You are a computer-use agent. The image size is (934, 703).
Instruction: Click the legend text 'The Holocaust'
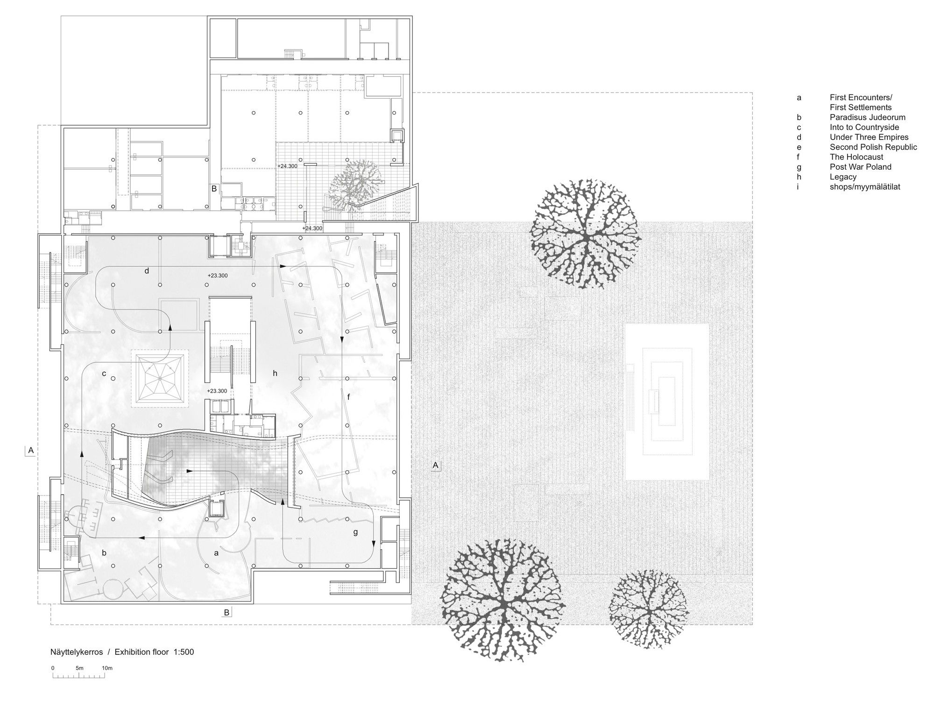click(856, 157)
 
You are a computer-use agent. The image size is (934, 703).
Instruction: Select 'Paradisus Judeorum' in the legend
click(868, 117)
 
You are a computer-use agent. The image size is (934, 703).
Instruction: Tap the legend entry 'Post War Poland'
click(861, 167)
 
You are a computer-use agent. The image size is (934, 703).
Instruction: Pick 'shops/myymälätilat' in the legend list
click(865, 187)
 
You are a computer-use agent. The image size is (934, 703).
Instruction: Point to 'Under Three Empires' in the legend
click(869, 137)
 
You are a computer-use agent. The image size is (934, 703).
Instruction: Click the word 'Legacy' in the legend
click(843, 177)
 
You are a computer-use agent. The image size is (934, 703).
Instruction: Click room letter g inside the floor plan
click(355, 532)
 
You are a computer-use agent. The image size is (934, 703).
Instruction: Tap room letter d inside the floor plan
click(147, 270)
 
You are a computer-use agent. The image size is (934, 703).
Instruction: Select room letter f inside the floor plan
click(348, 397)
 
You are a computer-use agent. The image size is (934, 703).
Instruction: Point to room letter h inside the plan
click(275, 373)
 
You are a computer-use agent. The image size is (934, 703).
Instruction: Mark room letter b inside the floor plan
click(104, 552)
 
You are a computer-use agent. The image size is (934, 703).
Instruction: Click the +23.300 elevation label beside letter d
click(218, 276)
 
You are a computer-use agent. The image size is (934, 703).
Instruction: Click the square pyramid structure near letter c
click(160, 378)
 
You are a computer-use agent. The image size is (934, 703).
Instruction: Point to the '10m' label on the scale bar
click(107, 668)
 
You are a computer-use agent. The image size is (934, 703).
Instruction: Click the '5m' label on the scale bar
click(79, 668)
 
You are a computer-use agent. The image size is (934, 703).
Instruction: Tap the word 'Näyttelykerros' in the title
click(77, 653)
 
